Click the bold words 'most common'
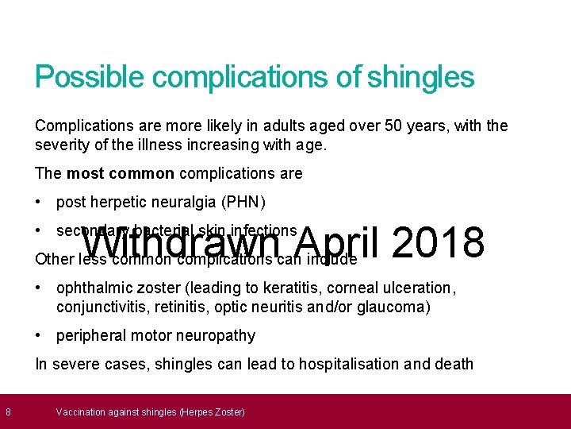pyautogui.click(x=121, y=173)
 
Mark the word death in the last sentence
pyautogui.click(x=454, y=364)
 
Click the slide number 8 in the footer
pyautogui.click(x=7, y=412)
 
